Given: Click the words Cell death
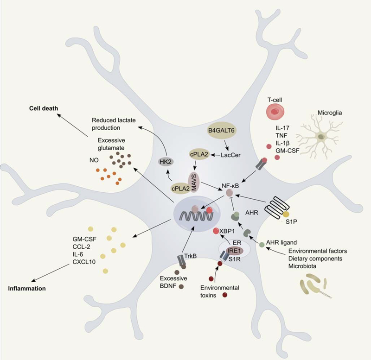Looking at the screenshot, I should point(44,108).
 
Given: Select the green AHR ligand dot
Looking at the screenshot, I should point(262,244).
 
